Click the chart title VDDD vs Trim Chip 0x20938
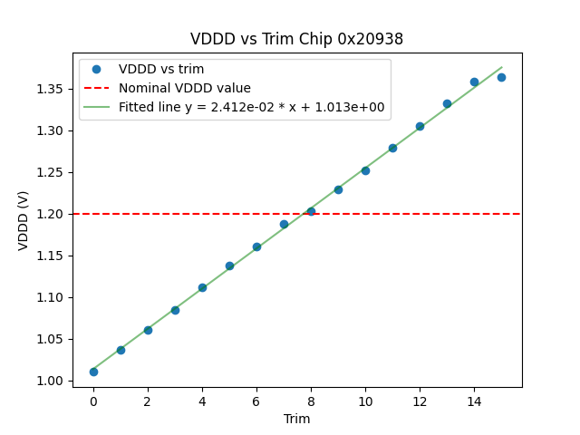[296, 39]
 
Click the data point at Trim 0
[93, 372]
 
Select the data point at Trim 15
[501, 77]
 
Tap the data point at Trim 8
[311, 211]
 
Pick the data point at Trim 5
[229, 266]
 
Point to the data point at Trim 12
[420, 126]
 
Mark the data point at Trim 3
[175, 310]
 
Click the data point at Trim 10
[365, 170]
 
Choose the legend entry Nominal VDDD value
[185, 88]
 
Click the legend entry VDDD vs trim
[161, 70]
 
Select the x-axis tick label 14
[474, 401]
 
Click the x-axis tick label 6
[256, 401]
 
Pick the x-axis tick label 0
[93, 401]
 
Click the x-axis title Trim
[296, 419]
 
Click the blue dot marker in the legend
[96, 70]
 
